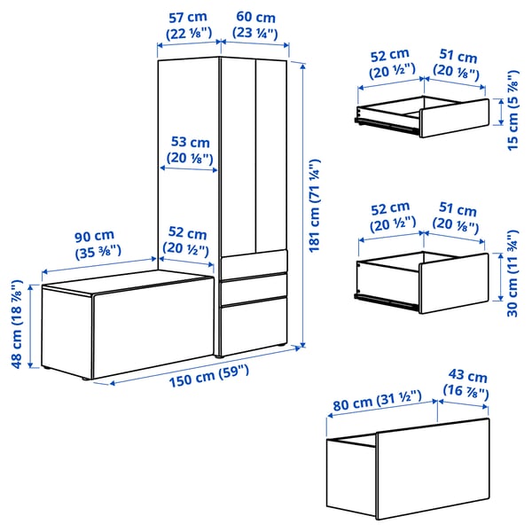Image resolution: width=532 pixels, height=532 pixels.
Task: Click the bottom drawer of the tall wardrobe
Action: tap(255, 326)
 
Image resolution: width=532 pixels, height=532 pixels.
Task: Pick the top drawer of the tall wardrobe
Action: tap(255, 263)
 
